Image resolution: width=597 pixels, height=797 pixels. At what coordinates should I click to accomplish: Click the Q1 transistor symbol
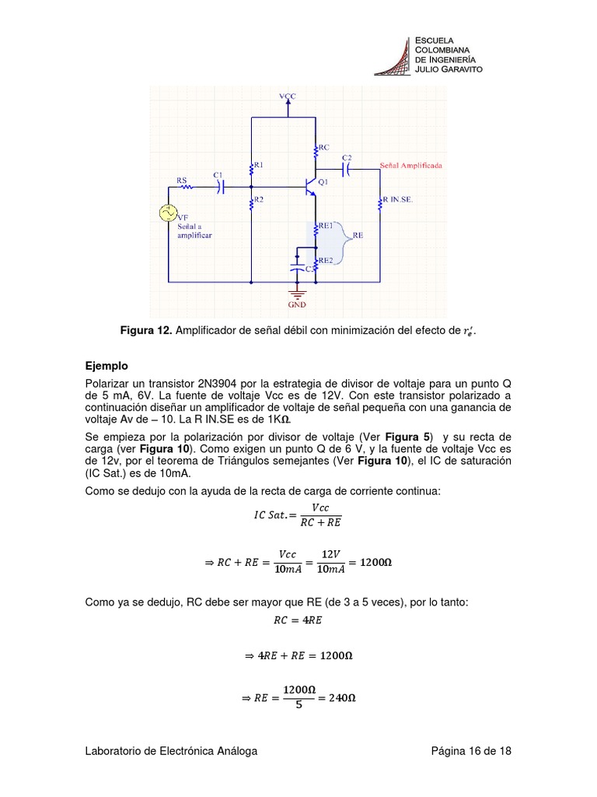(312, 187)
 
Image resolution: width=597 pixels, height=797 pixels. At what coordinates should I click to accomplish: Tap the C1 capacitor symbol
(221, 187)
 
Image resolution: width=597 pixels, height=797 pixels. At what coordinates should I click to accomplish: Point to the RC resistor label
(323, 146)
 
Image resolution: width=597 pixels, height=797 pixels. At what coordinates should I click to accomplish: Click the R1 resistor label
(259, 165)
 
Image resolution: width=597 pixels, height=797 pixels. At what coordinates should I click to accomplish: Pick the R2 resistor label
(259, 200)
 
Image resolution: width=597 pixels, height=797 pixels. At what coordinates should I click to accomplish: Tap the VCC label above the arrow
(288, 96)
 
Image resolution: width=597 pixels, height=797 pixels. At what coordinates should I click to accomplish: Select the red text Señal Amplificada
(412, 166)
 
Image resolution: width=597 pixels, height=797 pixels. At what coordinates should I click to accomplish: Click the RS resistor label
(182, 180)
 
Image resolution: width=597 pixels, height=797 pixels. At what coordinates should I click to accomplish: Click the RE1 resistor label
(324, 226)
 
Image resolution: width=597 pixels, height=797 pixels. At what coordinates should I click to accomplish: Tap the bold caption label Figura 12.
(146, 332)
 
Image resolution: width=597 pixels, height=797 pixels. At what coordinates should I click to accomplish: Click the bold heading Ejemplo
(106, 365)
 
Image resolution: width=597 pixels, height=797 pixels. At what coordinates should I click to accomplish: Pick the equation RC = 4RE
(298, 620)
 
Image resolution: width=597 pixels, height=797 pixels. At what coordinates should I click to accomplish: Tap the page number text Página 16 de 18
(471, 751)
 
